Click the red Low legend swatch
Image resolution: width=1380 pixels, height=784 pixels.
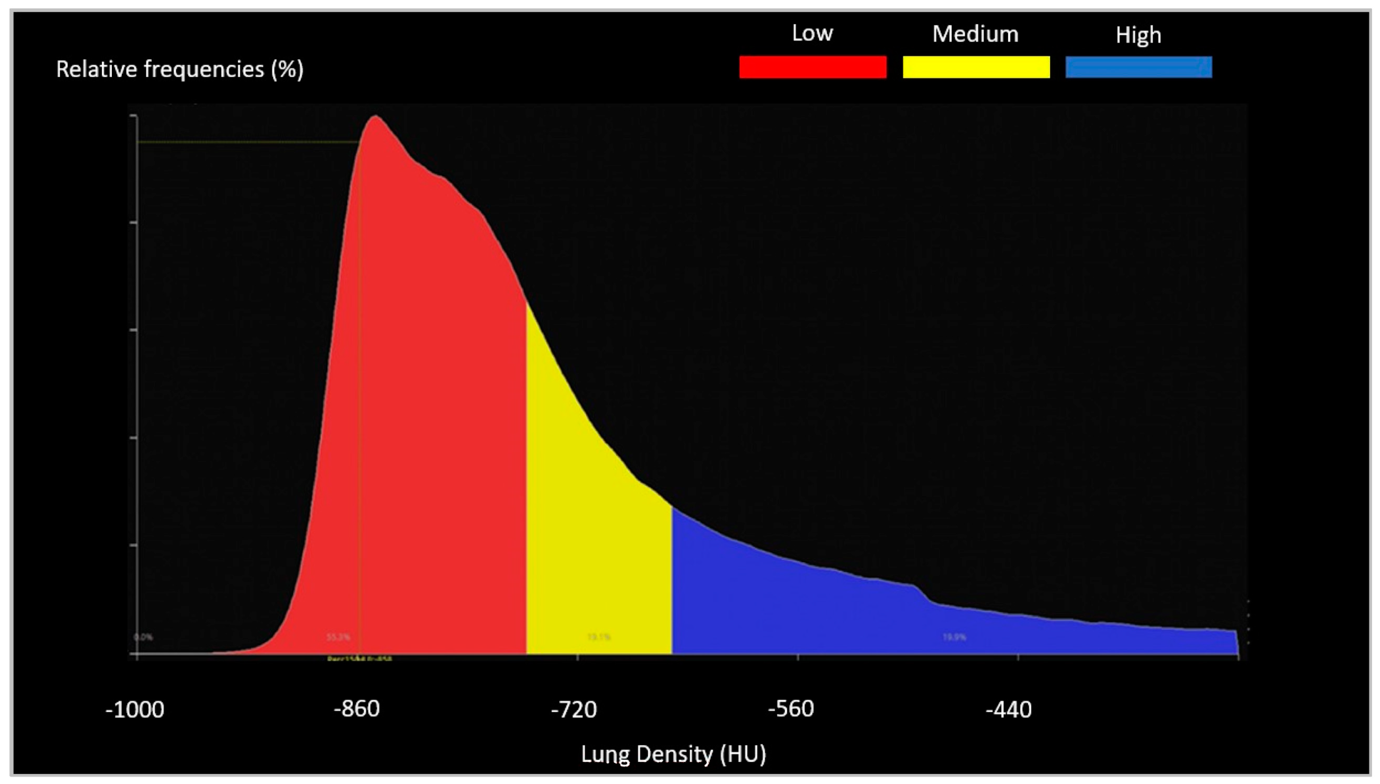click(x=813, y=67)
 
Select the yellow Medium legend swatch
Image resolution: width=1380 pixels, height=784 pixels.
click(x=976, y=67)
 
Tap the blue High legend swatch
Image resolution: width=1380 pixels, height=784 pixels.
click(x=1139, y=67)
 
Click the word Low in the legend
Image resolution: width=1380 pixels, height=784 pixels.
click(x=812, y=33)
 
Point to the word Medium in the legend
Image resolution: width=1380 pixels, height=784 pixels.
click(x=975, y=34)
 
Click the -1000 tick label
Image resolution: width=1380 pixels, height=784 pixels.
click(x=135, y=710)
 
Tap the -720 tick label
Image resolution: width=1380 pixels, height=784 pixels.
click(x=574, y=710)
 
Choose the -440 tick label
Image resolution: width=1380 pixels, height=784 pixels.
click(x=1009, y=710)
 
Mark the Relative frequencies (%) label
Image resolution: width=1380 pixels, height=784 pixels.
click(x=180, y=69)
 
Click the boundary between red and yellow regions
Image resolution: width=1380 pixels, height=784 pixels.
click(x=527, y=484)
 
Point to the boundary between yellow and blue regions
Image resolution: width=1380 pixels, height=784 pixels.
click(x=672, y=582)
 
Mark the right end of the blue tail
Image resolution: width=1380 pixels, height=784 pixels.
click(x=1236, y=641)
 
